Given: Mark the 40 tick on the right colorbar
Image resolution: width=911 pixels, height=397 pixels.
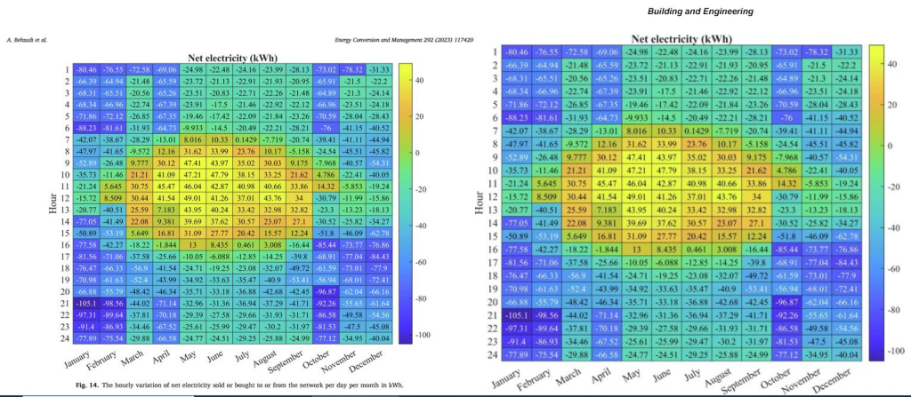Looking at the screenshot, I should pos(894,64).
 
